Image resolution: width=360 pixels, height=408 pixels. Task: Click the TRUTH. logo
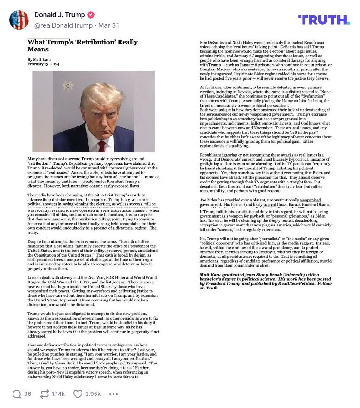(324, 19)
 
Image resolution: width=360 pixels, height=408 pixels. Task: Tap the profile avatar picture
(19, 20)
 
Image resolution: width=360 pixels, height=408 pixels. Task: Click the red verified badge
(91, 15)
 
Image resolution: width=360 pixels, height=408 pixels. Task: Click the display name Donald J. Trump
(59, 15)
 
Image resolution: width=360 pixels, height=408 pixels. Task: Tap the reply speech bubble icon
(17, 394)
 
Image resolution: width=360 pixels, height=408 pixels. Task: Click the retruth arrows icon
(45, 394)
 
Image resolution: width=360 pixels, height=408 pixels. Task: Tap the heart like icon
(77, 394)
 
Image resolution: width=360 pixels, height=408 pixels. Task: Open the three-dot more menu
(114, 394)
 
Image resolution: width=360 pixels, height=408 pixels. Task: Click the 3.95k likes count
(93, 394)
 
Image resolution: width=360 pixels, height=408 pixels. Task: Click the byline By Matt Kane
(40, 59)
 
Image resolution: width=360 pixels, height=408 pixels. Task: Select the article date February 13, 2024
(43, 64)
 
